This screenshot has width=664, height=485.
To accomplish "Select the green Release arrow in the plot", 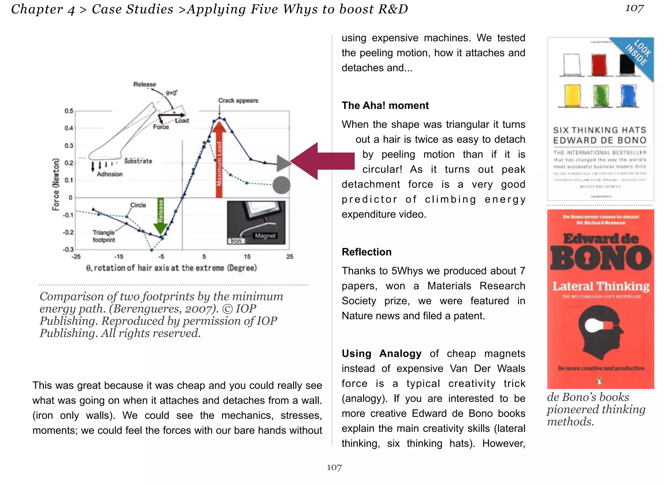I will (x=160, y=216).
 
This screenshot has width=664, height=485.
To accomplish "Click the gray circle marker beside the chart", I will (x=281, y=185).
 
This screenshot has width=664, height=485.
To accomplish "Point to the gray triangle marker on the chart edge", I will (x=283, y=163).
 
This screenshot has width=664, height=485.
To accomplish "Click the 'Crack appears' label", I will (x=238, y=101).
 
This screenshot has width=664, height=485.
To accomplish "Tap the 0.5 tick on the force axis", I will (x=69, y=111).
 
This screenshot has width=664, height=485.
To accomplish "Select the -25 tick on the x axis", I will (x=76, y=256).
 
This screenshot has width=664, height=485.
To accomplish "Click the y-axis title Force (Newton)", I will (x=56, y=184).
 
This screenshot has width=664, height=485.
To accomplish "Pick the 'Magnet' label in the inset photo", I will (x=265, y=236).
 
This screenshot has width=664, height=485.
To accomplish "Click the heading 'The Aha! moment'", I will (x=385, y=105).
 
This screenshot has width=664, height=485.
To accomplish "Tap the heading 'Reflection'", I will (x=366, y=252).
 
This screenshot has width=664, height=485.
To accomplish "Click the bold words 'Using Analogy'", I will (x=381, y=353).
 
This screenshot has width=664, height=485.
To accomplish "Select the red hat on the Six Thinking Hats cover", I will (x=599, y=65).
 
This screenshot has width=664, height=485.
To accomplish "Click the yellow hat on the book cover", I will (x=572, y=95).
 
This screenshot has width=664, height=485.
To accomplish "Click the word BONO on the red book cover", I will (x=600, y=258).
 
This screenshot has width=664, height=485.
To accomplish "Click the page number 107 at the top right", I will (x=634, y=8).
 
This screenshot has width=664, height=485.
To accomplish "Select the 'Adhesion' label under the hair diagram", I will (x=110, y=174).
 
